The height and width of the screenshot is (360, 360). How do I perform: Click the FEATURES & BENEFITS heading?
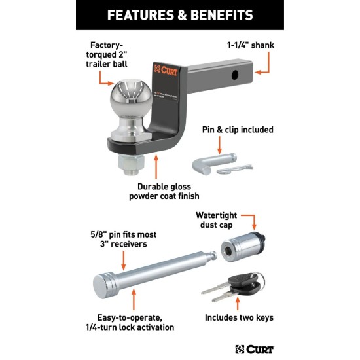click(x=180, y=15)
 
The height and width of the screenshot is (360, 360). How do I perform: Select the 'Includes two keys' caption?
click(x=238, y=318)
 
